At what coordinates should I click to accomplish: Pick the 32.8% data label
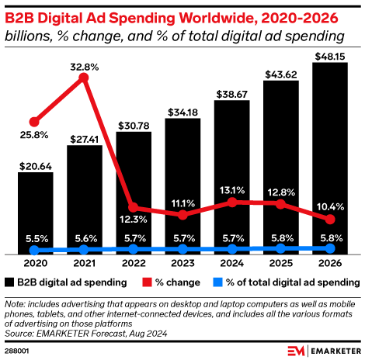85,67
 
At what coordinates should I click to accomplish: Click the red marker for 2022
134,207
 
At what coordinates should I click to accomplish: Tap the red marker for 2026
330,220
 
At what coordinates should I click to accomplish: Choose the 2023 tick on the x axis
182,263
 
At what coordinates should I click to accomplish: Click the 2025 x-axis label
281,263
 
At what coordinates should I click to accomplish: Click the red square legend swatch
139,282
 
